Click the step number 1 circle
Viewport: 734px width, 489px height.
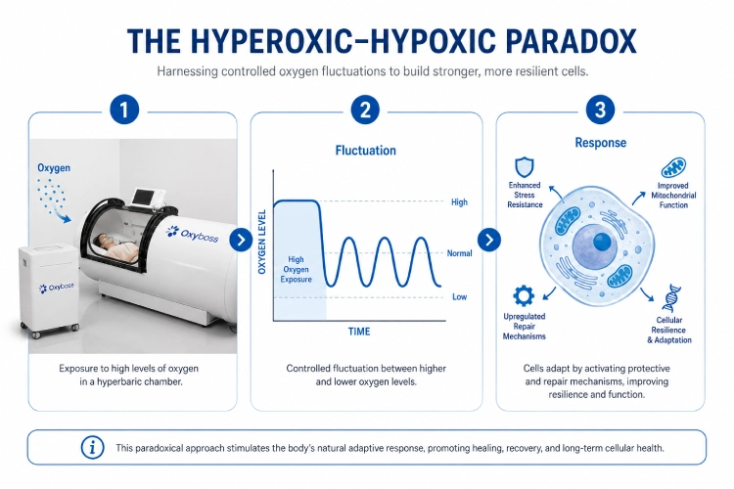(124, 110)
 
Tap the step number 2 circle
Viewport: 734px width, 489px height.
(365, 110)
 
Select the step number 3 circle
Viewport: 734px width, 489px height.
(600, 110)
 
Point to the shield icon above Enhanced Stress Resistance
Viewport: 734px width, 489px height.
(525, 167)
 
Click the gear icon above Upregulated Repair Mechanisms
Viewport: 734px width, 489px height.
(524, 296)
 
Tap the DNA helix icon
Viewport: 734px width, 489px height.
(672, 297)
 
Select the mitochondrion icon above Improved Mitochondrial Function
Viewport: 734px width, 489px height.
(673, 167)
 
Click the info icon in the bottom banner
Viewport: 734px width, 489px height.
(92, 447)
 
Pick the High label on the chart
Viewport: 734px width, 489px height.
(459, 202)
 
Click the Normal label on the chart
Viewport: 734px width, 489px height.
(459, 253)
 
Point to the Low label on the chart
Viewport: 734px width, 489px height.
(459, 296)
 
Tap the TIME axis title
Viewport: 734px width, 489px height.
(359, 332)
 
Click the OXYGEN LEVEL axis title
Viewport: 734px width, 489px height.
(262, 242)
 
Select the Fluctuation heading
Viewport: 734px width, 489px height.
(366, 151)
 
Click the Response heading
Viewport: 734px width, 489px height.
(601, 142)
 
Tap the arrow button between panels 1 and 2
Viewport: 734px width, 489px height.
(241, 240)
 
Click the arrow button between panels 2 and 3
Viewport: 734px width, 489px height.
(489, 240)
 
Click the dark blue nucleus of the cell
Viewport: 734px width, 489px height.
(602, 242)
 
